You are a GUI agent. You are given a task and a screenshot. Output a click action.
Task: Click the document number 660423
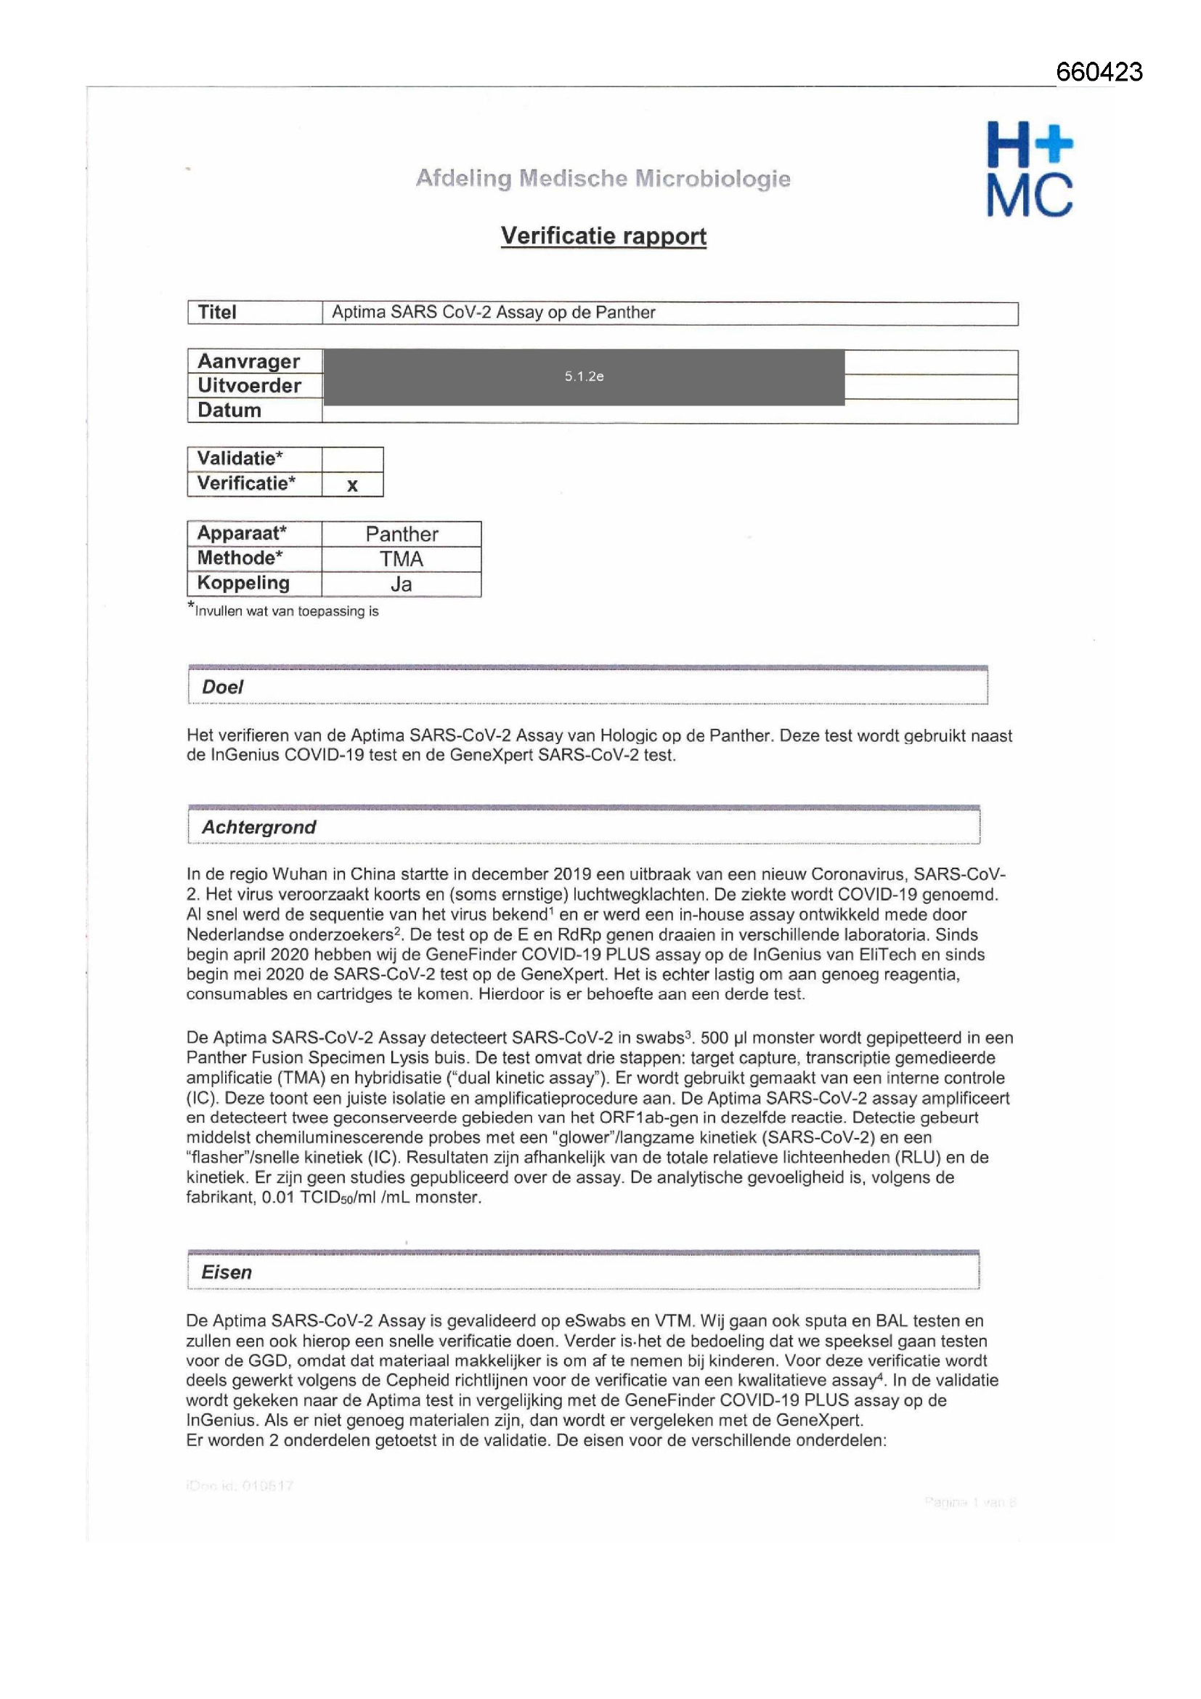(x=1098, y=72)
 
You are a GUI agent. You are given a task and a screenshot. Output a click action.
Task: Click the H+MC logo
(x=1030, y=169)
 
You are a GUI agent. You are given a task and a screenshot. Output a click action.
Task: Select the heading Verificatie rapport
(x=603, y=236)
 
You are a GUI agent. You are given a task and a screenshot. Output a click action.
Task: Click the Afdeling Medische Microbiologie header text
(x=603, y=178)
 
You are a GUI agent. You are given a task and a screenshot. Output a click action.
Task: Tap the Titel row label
(x=216, y=312)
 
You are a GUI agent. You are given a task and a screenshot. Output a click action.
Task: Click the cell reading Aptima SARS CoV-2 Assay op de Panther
(x=493, y=312)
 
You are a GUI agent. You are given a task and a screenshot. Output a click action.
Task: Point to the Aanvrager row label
(x=248, y=361)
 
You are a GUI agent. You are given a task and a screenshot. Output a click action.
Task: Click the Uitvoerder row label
(x=249, y=386)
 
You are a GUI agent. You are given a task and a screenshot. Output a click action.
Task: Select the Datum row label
(x=229, y=410)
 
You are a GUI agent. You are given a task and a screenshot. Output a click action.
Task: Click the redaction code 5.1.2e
(x=584, y=376)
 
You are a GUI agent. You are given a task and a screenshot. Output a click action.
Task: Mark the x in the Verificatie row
(x=352, y=485)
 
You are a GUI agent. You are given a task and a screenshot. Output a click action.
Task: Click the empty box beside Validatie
(x=352, y=459)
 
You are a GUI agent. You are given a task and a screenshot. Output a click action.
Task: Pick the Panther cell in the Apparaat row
(x=402, y=534)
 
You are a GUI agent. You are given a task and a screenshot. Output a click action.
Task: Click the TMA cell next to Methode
(x=402, y=559)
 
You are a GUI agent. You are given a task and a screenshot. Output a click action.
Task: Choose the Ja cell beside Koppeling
(x=401, y=584)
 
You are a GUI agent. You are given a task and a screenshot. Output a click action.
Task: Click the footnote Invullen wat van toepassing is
(x=286, y=611)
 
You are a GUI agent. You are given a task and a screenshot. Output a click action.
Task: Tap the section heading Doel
(x=223, y=687)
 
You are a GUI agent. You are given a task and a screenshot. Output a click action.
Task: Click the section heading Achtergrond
(x=258, y=826)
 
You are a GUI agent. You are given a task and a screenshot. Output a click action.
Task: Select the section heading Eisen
(x=227, y=1272)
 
